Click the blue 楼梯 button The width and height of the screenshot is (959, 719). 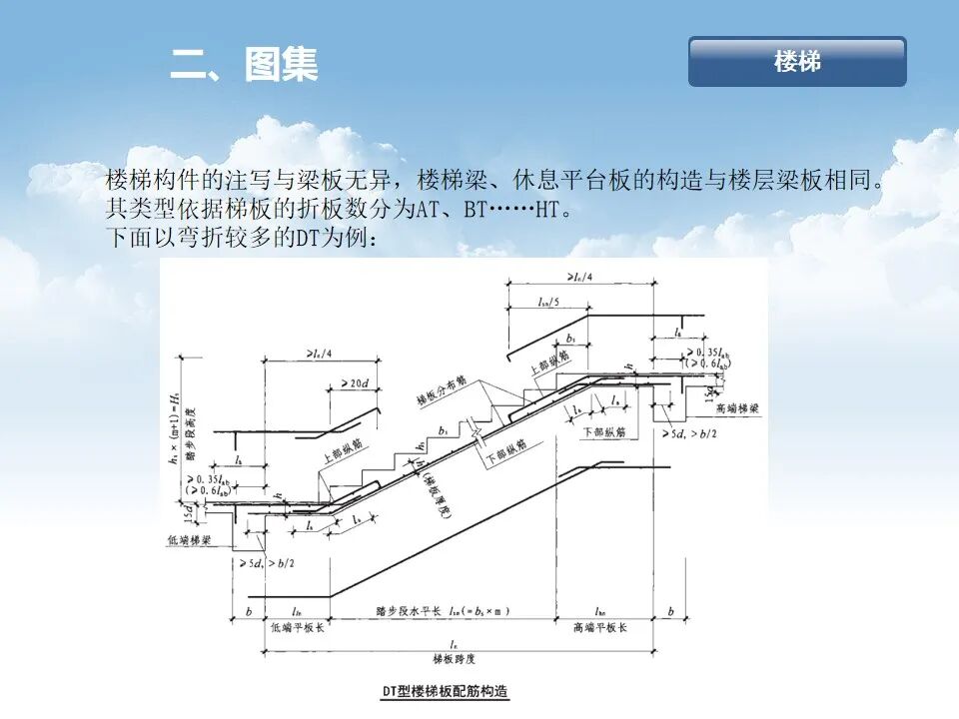click(797, 62)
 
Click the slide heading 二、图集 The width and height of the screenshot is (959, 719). click(244, 65)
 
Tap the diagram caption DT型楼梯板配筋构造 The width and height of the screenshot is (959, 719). click(446, 691)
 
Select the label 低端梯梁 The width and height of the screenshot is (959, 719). click(189, 540)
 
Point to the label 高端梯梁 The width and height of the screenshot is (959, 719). click(737, 409)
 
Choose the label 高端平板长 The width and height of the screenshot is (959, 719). click(599, 628)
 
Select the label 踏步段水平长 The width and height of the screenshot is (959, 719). click(413, 608)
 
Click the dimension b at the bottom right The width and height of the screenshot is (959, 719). click(670, 610)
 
